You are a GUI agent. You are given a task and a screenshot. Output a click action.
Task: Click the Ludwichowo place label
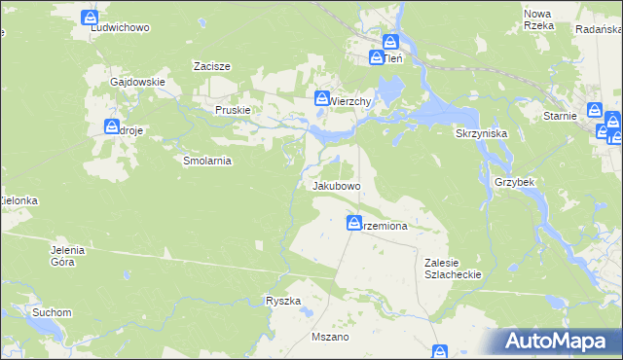pyautogui.click(x=120, y=27)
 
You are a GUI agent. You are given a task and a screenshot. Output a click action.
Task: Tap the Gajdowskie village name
pyautogui.click(x=137, y=83)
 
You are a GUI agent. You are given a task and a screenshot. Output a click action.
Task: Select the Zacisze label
pyautogui.click(x=211, y=66)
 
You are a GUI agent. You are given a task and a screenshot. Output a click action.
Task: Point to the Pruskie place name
pyautogui.click(x=234, y=111)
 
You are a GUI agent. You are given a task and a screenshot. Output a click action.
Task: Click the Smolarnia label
pyautogui.click(x=206, y=161)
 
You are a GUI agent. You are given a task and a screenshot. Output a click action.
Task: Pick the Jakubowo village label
pyautogui.click(x=337, y=185)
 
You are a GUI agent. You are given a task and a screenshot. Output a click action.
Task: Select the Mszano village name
pyautogui.click(x=329, y=337)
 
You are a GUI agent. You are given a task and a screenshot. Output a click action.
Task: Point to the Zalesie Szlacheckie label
pyautogui.click(x=454, y=269)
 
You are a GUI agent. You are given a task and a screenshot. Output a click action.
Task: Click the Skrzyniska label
pyautogui.click(x=479, y=133)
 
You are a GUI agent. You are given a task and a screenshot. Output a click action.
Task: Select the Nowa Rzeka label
pyautogui.click(x=538, y=19)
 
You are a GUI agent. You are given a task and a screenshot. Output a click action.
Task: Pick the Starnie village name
pyautogui.click(x=562, y=116)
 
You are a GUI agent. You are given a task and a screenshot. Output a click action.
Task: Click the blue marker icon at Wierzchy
pyautogui.click(x=321, y=97)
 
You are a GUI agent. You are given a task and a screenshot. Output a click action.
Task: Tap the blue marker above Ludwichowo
pyautogui.click(x=91, y=18)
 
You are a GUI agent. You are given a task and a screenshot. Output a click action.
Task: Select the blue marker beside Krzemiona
pyautogui.click(x=354, y=223)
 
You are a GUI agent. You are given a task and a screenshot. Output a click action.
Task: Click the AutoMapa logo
pyautogui.click(x=557, y=342)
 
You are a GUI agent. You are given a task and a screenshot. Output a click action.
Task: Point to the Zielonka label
pyautogui.click(x=18, y=200)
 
